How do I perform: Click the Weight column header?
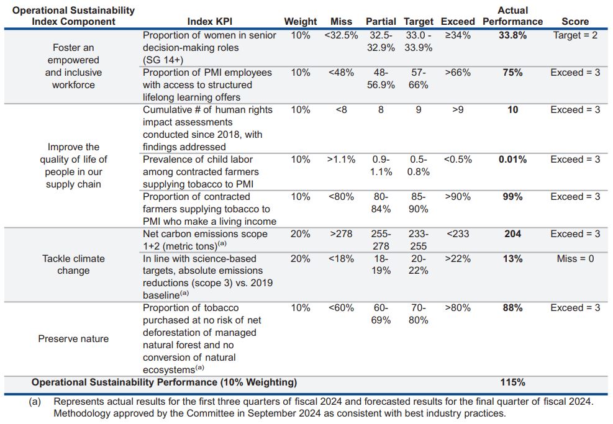tap(301, 22)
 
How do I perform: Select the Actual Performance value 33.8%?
tap(512, 35)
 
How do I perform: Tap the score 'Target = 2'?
tap(575, 35)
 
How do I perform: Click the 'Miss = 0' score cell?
tap(575, 258)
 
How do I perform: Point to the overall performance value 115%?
tap(512, 382)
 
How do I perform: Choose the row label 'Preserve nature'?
tap(73, 339)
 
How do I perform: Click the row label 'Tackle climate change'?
tap(73, 264)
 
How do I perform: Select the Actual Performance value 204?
tap(512, 234)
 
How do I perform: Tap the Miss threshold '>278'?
tap(341, 234)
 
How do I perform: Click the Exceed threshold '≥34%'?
tap(458, 35)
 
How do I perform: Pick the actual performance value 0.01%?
tap(512, 160)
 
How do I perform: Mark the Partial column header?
tap(381, 22)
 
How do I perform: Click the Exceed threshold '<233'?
tap(458, 234)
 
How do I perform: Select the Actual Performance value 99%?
tap(512, 197)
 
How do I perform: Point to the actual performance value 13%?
tap(512, 258)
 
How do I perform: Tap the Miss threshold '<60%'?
tap(341, 308)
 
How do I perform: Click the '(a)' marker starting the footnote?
tap(35, 402)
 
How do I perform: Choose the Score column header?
tap(575, 22)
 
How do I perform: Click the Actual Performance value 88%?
tap(512, 308)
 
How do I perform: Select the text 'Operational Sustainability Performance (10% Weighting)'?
tap(165, 382)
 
